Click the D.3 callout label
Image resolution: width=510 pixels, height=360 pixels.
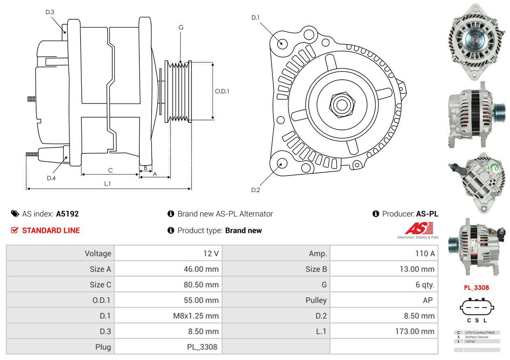(x=50, y=12)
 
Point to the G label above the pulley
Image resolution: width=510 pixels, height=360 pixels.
(x=181, y=28)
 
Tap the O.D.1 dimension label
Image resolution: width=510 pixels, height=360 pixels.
(x=222, y=91)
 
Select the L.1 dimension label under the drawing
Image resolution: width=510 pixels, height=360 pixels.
(x=107, y=184)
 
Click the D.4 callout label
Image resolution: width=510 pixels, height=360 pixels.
(x=51, y=178)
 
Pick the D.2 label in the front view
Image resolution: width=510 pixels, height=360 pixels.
(x=256, y=190)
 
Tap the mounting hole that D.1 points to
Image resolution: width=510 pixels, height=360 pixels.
(x=282, y=43)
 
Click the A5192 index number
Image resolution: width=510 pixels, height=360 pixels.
(x=67, y=214)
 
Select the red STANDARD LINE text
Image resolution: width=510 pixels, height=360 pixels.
(x=51, y=231)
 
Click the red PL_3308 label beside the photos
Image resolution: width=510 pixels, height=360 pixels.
(x=476, y=288)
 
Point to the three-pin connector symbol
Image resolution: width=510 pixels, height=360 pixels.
(x=477, y=307)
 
